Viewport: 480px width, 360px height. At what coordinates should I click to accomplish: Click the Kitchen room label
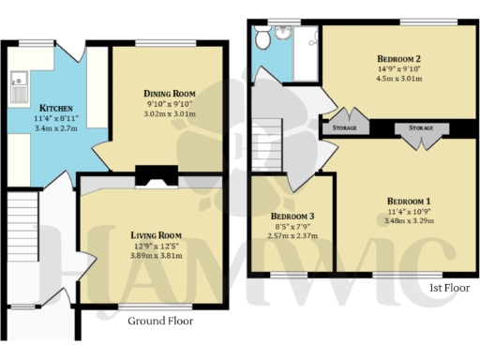34,106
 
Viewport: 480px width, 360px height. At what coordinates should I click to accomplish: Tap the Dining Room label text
169,94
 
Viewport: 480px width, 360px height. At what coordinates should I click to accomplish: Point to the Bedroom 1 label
409,202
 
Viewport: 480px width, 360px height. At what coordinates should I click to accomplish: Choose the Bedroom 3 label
292,217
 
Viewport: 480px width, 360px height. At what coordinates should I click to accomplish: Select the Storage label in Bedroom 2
344,127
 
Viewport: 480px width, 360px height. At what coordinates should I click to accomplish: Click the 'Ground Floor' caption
160,321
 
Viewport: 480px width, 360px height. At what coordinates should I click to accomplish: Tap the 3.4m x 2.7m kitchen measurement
34,127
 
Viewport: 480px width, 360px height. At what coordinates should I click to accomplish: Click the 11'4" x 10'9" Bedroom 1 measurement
409,213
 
